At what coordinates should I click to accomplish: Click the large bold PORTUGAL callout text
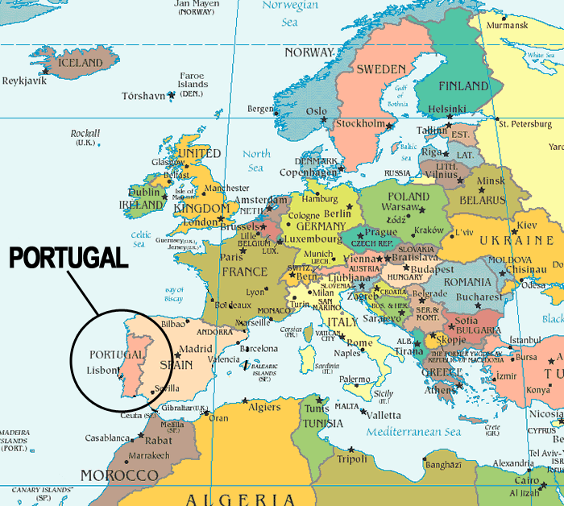(x=68, y=259)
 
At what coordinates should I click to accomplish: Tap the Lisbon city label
(x=102, y=371)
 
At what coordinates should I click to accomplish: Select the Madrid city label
(x=196, y=350)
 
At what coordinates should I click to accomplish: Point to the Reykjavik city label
(x=25, y=81)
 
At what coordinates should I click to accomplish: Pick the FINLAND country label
(x=463, y=85)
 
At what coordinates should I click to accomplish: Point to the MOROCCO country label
(x=120, y=475)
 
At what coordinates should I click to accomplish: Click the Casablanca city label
(x=107, y=439)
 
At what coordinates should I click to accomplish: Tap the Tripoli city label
(x=352, y=459)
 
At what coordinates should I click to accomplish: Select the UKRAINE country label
(x=516, y=241)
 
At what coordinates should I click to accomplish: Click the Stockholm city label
(x=360, y=124)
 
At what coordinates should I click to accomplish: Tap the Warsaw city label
(x=400, y=207)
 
